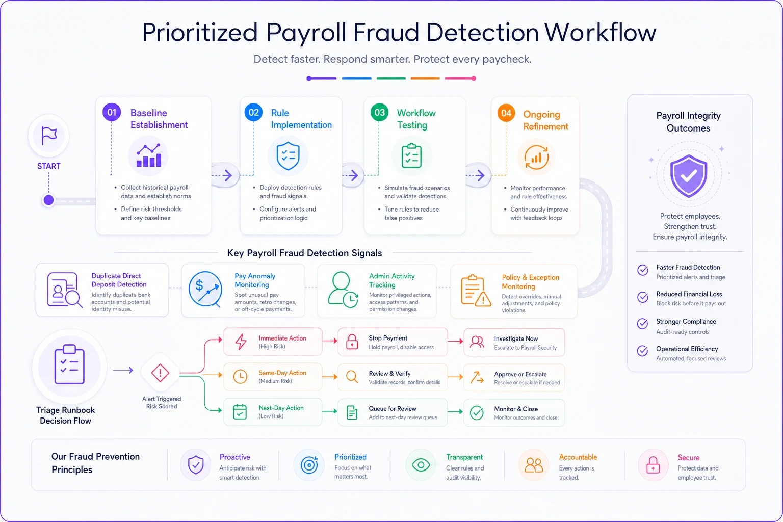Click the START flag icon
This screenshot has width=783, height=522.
49,135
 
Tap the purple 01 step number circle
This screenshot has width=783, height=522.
112,112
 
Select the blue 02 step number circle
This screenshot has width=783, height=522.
253,112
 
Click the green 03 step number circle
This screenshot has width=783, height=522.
379,112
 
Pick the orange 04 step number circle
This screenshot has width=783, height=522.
506,113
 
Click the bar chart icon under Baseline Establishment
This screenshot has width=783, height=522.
149,155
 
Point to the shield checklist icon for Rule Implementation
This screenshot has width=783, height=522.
288,156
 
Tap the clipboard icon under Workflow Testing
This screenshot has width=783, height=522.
412,155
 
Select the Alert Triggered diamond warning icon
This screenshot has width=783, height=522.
160,373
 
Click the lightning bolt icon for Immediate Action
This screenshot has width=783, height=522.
241,342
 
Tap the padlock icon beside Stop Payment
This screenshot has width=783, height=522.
352,342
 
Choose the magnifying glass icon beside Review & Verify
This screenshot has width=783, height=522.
352,377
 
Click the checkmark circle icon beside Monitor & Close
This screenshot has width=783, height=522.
477,412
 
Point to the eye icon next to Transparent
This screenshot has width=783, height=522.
421,465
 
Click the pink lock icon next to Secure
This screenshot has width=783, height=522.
653,465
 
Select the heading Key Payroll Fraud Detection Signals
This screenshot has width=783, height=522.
304,253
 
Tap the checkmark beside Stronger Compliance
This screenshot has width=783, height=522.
642,324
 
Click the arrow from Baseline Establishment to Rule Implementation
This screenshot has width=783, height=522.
223,175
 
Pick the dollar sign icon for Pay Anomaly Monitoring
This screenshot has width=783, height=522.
199,285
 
